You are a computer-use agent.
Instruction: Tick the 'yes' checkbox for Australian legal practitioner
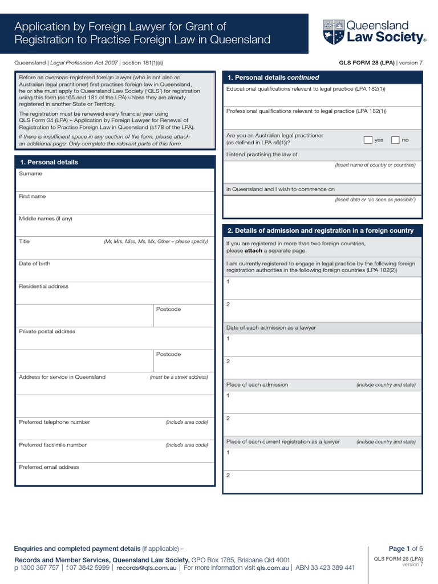(x=368, y=140)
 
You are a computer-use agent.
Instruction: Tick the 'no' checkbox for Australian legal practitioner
(x=395, y=140)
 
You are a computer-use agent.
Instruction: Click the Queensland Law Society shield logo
(x=333, y=32)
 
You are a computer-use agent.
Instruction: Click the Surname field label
(x=30, y=173)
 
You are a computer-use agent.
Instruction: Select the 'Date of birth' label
(x=34, y=263)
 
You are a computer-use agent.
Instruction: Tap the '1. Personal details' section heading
(x=49, y=162)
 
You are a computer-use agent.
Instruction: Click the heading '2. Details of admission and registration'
(x=321, y=230)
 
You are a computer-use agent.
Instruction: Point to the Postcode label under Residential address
(x=168, y=309)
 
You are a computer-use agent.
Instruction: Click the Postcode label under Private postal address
(x=168, y=354)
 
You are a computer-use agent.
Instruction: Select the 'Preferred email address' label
(x=49, y=467)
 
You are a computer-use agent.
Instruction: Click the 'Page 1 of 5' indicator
(x=406, y=549)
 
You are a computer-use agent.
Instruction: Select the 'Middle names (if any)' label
(x=46, y=218)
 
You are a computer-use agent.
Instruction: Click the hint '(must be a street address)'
(x=179, y=377)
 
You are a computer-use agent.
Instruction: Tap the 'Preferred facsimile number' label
(x=53, y=445)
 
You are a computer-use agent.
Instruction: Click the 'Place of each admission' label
(x=257, y=384)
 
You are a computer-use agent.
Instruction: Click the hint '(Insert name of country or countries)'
(x=375, y=165)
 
